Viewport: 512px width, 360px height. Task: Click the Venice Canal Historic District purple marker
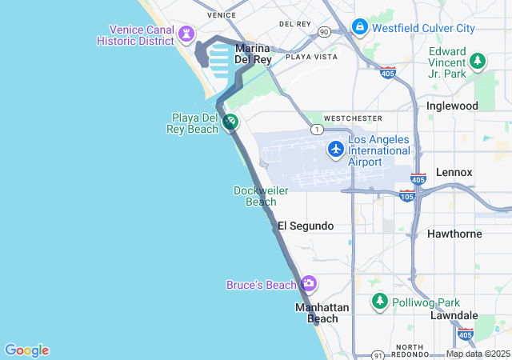(187, 33)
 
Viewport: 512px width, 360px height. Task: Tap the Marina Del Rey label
(254, 54)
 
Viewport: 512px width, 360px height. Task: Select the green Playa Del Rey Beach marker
(230, 122)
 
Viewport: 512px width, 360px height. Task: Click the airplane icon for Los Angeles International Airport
(336, 149)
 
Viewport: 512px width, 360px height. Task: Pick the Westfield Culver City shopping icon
(359, 27)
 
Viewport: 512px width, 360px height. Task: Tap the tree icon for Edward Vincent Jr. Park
(478, 60)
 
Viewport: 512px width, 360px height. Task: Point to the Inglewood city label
(453, 106)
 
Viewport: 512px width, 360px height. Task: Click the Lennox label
(454, 172)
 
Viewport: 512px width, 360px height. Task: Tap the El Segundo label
(306, 226)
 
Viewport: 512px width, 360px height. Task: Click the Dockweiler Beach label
(261, 196)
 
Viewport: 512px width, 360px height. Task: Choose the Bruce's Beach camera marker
(309, 284)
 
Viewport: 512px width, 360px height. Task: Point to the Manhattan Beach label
(322, 313)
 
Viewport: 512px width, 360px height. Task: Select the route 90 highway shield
(323, 32)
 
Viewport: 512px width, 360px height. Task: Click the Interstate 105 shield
(407, 196)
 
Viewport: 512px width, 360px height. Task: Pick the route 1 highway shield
(318, 130)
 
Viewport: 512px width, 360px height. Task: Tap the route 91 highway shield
(378, 354)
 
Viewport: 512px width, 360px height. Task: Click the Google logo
(26, 350)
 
